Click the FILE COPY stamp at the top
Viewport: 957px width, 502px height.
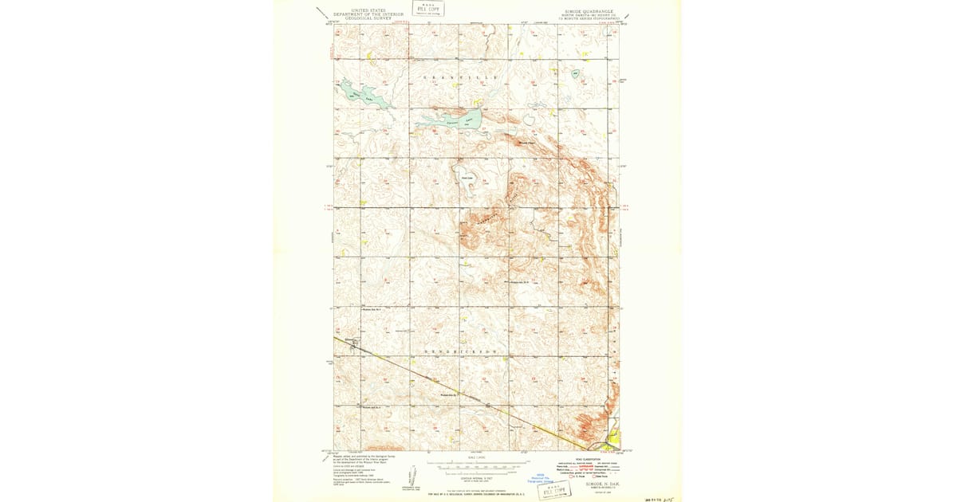pos(428,9)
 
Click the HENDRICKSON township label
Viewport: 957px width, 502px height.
pos(461,351)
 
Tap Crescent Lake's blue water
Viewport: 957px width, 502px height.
pos(447,121)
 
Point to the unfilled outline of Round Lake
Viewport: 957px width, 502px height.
pos(468,177)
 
